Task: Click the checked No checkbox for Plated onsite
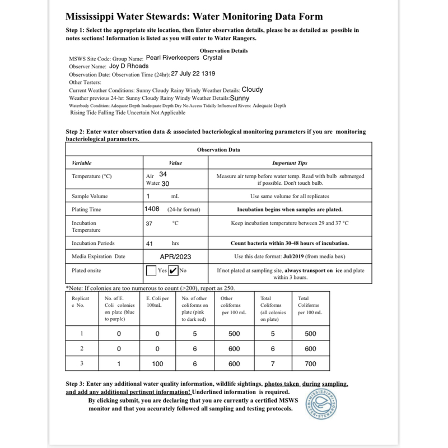coord(173,270)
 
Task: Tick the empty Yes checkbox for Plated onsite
coord(151,270)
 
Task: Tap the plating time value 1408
coord(152,209)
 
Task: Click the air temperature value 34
coord(163,175)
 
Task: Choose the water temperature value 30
coord(166,183)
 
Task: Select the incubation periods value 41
coord(149,244)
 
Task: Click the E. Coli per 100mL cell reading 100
coord(157,363)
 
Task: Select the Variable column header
coord(82,163)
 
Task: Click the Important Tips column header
coord(290,163)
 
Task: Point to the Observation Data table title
coord(218,150)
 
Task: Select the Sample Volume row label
coord(90,197)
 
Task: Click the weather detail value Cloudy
coord(253,89)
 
